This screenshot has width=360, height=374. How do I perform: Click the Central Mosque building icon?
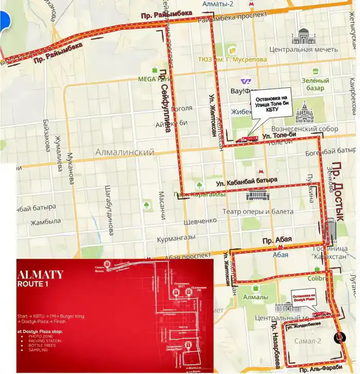303,37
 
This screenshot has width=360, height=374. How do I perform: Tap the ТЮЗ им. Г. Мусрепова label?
233,59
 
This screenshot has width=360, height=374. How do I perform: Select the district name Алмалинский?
125,153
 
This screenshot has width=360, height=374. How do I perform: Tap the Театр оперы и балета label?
258,211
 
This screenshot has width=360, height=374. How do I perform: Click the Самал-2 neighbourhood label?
308,341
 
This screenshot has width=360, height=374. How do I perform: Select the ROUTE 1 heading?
37,284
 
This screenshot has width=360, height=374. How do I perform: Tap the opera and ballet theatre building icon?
257,195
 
